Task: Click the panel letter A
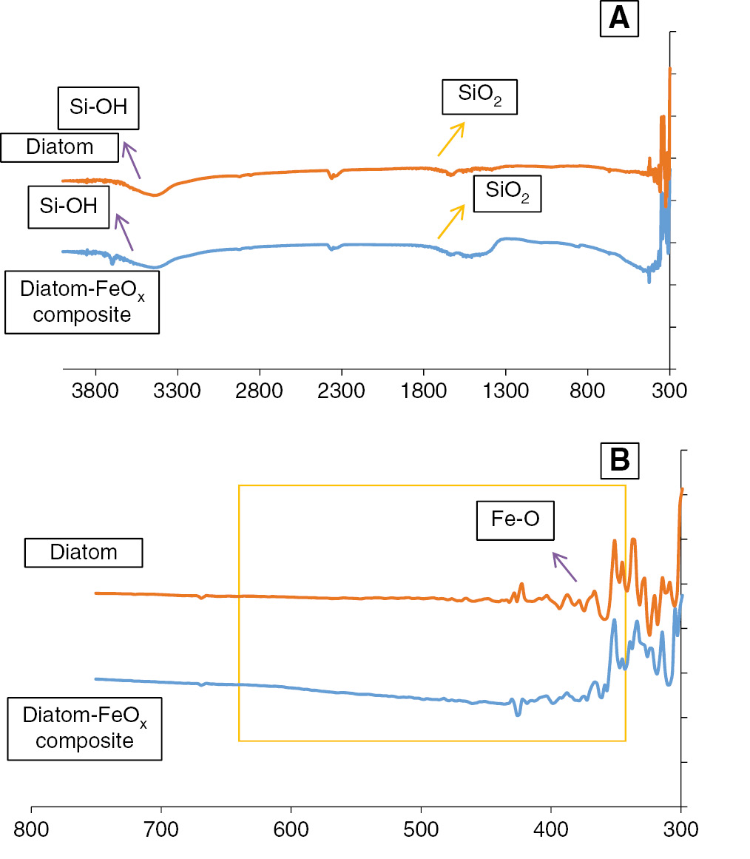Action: [x=618, y=18]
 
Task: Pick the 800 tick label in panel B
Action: [x=31, y=828]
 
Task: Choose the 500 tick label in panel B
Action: [x=421, y=828]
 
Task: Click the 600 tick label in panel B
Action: [x=291, y=828]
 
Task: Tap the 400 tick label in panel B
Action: [x=551, y=828]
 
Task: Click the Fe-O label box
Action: [x=515, y=519]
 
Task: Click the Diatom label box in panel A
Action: [x=60, y=146]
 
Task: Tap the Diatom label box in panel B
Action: [x=84, y=552]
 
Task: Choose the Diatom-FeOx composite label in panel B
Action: [x=84, y=729]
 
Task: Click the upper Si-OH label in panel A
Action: [x=99, y=107]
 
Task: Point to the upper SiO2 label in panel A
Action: [x=479, y=95]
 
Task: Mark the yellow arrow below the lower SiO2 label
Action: [x=451, y=220]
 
